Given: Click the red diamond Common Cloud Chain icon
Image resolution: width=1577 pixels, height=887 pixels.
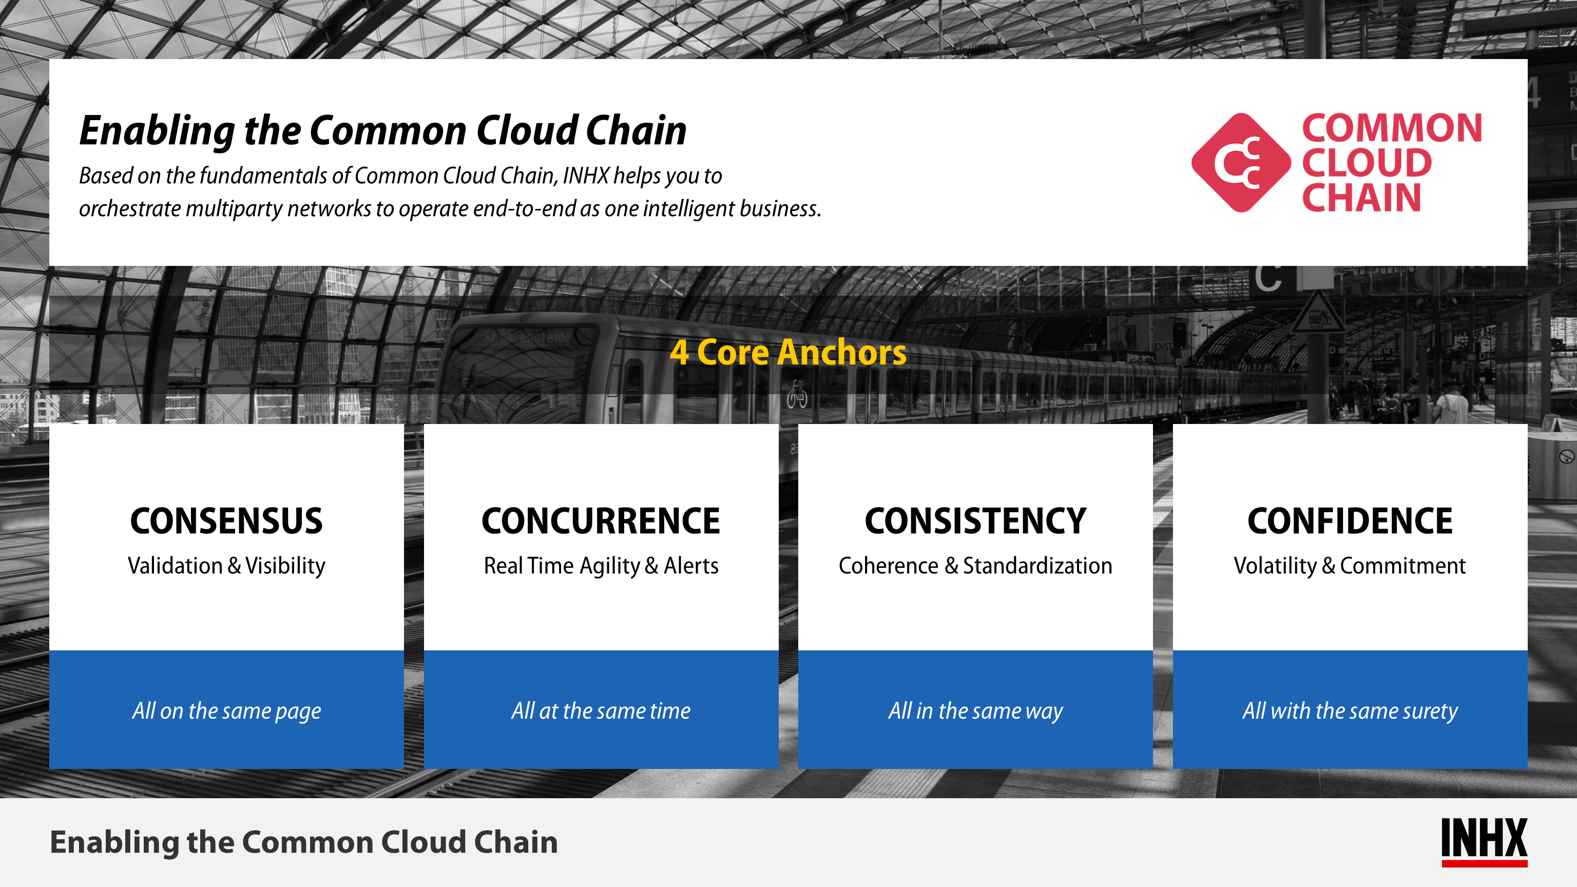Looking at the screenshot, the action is point(1241,163).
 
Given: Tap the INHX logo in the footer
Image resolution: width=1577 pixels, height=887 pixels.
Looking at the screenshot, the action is point(1484,842).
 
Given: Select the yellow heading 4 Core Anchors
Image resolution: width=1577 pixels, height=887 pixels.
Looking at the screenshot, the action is point(788,352).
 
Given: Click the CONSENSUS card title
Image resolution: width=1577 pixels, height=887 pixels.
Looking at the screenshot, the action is point(226,521).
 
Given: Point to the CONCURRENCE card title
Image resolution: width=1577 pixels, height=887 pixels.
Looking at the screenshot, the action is point(601,521).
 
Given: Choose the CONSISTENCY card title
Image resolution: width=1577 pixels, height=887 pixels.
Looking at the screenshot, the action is point(975,521).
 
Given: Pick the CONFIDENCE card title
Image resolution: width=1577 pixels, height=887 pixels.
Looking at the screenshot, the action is point(1350,521).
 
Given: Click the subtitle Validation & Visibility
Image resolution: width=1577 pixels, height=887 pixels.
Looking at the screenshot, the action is point(226,566).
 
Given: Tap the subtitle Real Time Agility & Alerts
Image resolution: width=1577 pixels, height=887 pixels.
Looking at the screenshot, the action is point(601,566).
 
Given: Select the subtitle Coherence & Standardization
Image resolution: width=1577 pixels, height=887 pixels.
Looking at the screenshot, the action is point(975,566).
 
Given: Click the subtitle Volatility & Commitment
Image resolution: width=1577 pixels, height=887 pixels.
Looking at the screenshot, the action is point(1350,566).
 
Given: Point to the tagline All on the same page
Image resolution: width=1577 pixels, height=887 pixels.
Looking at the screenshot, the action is point(226,711).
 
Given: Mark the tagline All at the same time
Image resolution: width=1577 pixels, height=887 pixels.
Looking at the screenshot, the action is point(601,711).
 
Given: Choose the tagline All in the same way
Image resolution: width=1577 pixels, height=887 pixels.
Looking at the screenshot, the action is point(975,711).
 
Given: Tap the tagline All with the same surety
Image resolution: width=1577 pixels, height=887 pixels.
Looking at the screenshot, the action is point(1350,711).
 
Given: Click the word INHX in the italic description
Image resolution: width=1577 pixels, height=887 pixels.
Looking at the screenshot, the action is point(586,176).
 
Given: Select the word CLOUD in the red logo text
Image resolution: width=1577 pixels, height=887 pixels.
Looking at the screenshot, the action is point(1367,163).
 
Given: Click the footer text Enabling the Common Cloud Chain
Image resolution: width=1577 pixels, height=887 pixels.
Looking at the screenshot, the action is point(304,842).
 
